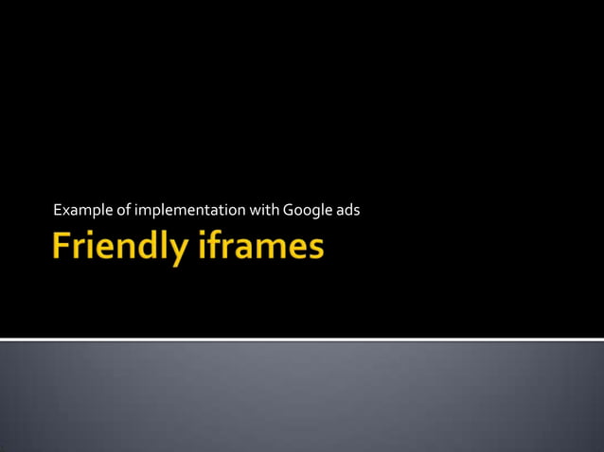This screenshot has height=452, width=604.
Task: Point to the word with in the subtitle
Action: pyautogui.click(x=261, y=209)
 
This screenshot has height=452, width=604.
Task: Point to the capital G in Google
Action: pyautogui.click(x=286, y=209)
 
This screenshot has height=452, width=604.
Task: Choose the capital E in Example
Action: pyautogui.click(x=58, y=209)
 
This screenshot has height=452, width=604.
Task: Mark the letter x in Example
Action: pyautogui.click(x=66, y=210)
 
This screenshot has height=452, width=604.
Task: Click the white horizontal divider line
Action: pyautogui.click(x=302, y=339)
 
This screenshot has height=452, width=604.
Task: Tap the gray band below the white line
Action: pyautogui.click(x=302, y=397)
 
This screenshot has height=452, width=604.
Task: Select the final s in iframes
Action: pyautogui.click(x=315, y=250)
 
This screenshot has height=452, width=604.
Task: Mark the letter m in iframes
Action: pyautogui.click(x=269, y=250)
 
